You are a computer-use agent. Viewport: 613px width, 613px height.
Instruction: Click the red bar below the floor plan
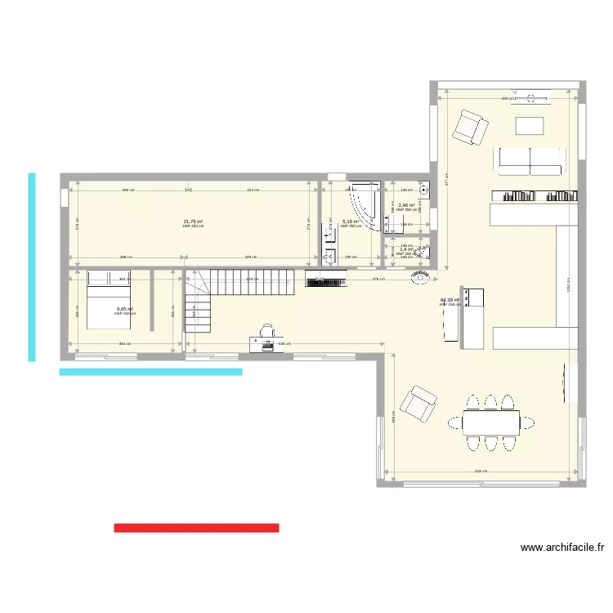[196, 528]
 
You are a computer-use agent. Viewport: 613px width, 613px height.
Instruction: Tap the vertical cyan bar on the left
[32, 266]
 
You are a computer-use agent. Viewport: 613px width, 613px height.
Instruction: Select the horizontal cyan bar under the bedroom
[150, 372]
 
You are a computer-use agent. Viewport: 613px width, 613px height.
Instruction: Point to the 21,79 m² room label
[193, 221]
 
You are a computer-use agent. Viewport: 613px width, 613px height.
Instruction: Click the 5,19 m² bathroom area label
[351, 221]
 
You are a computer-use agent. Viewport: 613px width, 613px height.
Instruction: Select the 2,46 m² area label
[406, 205]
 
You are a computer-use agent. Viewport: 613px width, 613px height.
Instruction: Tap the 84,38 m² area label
[450, 300]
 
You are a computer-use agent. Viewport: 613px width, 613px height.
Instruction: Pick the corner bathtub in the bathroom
[365, 204]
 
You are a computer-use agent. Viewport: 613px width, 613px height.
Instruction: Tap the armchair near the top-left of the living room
[470, 126]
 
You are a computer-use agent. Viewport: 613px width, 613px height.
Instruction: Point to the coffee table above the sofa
[530, 126]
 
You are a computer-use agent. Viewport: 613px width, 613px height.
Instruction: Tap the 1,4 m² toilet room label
[406, 250]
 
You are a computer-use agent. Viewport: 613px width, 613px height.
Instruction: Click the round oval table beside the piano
[420, 280]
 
